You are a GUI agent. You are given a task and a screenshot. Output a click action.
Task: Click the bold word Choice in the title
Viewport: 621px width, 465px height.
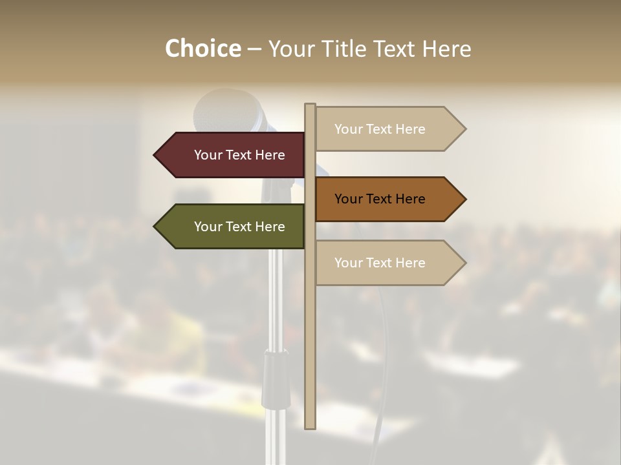pos(202,48)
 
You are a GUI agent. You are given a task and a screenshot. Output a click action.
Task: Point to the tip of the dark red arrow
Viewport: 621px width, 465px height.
pos(155,155)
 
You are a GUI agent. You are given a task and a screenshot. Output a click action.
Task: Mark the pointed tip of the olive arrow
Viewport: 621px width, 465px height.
pos(155,227)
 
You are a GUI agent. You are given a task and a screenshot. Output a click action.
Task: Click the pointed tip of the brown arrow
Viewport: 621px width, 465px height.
pos(464,199)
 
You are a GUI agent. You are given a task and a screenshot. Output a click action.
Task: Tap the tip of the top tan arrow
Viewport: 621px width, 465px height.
pos(464,129)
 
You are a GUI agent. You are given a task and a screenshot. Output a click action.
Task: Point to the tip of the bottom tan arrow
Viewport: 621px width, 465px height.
pos(464,263)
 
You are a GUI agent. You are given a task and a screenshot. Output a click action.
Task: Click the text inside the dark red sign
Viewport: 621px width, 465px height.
pos(239,155)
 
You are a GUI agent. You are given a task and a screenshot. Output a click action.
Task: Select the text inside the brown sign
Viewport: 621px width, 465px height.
pos(380,199)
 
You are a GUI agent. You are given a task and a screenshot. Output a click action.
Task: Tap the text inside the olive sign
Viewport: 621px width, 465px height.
pos(239,227)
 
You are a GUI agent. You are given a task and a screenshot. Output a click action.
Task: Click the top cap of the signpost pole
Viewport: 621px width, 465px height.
pos(310,105)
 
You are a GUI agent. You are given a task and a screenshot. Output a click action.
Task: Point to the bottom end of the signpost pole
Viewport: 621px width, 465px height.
pos(310,426)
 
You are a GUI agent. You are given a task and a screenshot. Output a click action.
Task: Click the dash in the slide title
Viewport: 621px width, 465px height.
pos(254,49)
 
